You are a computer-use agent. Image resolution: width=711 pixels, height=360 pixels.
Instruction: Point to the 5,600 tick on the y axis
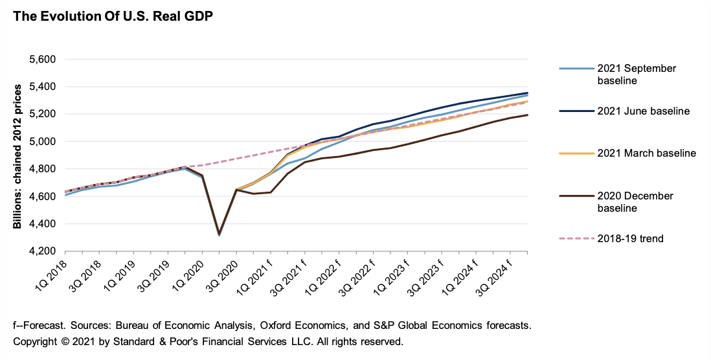[x=44, y=60]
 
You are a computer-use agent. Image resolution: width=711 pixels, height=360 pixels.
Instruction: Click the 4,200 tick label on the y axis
[x=44, y=251]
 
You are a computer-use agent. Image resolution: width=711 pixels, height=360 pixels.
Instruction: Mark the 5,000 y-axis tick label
[x=44, y=142]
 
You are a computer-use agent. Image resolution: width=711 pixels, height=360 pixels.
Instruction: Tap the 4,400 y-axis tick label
[x=44, y=224]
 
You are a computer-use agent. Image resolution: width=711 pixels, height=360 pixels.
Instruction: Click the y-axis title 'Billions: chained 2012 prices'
[x=17, y=155]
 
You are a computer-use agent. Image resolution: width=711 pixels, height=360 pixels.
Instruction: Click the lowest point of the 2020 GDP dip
[x=219, y=234]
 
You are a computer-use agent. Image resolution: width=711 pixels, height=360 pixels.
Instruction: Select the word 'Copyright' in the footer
[x=34, y=341]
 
